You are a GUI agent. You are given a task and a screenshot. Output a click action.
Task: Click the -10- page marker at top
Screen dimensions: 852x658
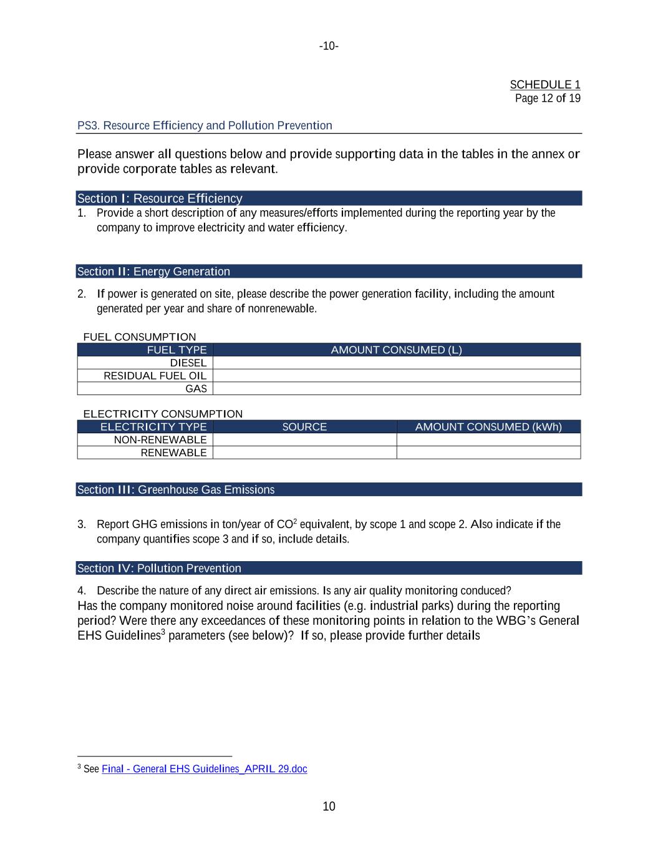(x=329, y=46)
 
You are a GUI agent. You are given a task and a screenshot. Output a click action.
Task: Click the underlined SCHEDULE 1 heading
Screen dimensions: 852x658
(x=544, y=85)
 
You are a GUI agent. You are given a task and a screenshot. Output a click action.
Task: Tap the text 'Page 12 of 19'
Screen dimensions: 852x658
(x=547, y=98)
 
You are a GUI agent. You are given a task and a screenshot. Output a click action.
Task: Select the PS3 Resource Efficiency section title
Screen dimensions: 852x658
(x=205, y=125)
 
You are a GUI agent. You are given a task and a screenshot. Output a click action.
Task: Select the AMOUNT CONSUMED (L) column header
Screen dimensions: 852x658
(x=396, y=350)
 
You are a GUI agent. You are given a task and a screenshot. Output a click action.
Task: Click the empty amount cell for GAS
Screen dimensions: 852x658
(x=396, y=389)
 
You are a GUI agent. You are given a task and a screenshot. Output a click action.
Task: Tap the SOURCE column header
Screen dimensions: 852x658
(x=304, y=427)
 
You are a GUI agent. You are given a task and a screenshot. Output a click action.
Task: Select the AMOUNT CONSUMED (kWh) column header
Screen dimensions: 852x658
(x=488, y=427)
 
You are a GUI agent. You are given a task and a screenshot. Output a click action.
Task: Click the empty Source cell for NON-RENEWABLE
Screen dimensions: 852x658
(x=304, y=440)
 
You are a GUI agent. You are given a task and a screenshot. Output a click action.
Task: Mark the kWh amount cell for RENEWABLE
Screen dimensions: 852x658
(x=488, y=453)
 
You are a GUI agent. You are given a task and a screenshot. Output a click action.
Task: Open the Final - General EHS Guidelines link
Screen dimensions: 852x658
(x=204, y=769)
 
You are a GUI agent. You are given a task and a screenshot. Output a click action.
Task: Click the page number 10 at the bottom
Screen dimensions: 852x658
(x=329, y=806)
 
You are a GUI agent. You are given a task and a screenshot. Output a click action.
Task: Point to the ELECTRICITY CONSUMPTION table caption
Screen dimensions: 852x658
(x=163, y=414)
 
